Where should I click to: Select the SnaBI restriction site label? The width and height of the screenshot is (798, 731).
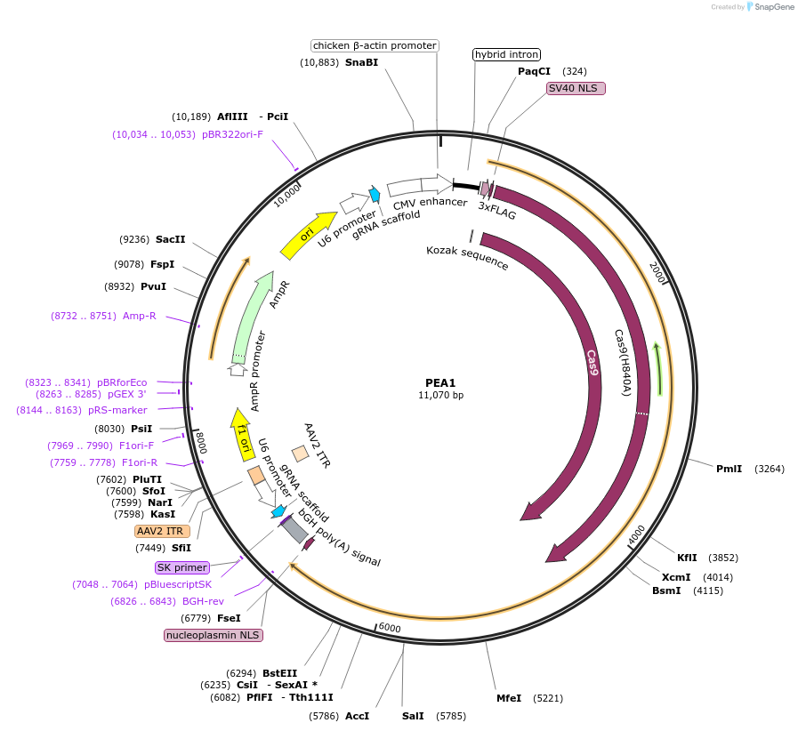pyautogui.click(x=361, y=62)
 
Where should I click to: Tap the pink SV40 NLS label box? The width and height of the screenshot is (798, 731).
pyautogui.click(x=576, y=88)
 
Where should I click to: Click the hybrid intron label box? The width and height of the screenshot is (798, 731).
pyautogui.click(x=506, y=54)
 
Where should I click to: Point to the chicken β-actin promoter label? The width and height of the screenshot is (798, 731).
pyautogui.click(x=375, y=45)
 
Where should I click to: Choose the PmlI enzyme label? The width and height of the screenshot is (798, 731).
pyautogui.click(x=729, y=468)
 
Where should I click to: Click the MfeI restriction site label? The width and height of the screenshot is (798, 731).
pyautogui.click(x=509, y=698)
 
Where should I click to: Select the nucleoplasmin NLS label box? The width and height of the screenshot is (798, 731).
pyautogui.click(x=214, y=635)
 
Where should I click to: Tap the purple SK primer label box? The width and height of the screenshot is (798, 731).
pyautogui.click(x=181, y=567)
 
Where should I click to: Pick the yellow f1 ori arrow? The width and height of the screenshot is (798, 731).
pyautogui.click(x=241, y=434)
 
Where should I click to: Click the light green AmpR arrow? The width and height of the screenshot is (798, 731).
pyautogui.click(x=253, y=313)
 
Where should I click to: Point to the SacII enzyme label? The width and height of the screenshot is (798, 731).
pyautogui.click(x=170, y=239)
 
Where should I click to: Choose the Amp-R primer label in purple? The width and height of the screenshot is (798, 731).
pyautogui.click(x=139, y=316)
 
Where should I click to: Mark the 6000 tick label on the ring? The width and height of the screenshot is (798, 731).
pyautogui.click(x=390, y=628)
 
